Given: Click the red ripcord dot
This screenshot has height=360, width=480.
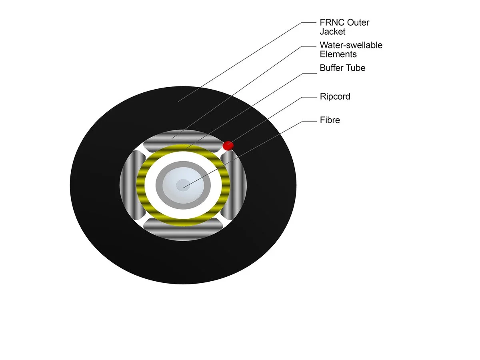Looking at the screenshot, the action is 228,145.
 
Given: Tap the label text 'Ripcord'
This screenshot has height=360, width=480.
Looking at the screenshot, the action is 335,96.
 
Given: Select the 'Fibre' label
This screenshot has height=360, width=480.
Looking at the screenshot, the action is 330,120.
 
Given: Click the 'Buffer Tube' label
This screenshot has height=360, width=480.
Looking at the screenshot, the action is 342,68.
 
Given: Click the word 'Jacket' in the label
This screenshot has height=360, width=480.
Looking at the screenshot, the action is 332,31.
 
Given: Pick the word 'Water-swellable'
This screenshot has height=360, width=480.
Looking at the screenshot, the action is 351,45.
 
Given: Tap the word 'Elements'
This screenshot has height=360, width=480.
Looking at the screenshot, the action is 338,54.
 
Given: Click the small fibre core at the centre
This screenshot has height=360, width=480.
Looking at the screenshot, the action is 183,184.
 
